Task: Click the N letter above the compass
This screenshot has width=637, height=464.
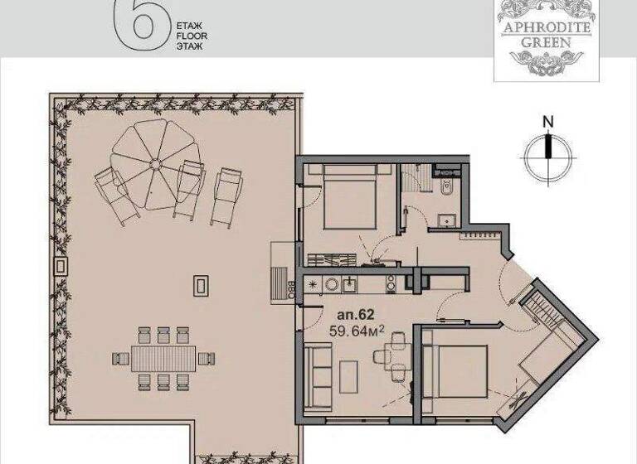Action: [x=547, y=121]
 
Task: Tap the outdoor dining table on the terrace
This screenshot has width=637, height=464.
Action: [x=163, y=359]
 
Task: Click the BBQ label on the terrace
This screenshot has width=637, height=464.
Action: [x=292, y=289]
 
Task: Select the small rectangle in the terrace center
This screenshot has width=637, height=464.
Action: [x=200, y=285]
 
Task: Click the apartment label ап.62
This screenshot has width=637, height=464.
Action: [x=355, y=316]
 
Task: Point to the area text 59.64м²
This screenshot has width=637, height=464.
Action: [x=357, y=331]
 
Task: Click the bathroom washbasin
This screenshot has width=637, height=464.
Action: [x=448, y=220]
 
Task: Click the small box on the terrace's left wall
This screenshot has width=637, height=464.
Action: [x=61, y=267]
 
